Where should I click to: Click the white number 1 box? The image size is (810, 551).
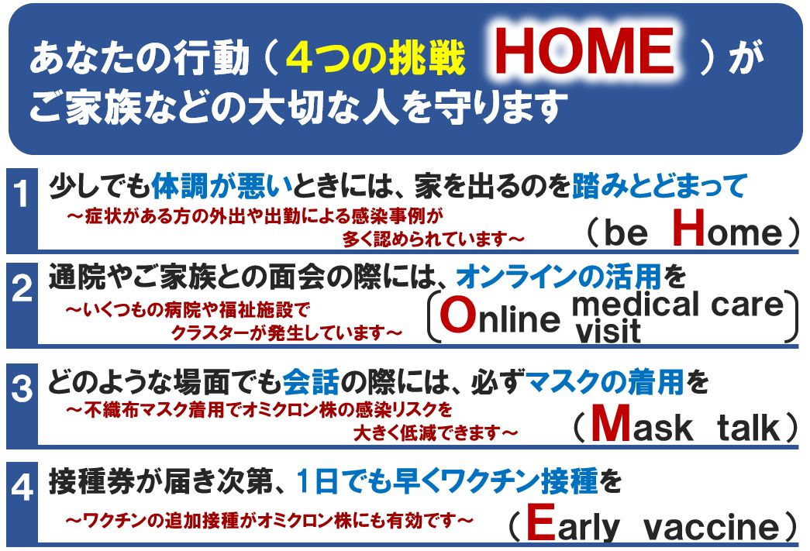tap(22, 210)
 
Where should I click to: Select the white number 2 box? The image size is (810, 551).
tap(22, 304)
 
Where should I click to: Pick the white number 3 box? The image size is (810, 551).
tap(22, 403)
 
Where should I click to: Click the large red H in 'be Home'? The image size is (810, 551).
tap(689, 228)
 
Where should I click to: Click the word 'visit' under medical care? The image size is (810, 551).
tap(608, 331)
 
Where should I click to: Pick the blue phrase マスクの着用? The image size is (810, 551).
tap(605, 383)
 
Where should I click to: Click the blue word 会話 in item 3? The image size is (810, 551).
tap(311, 383)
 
